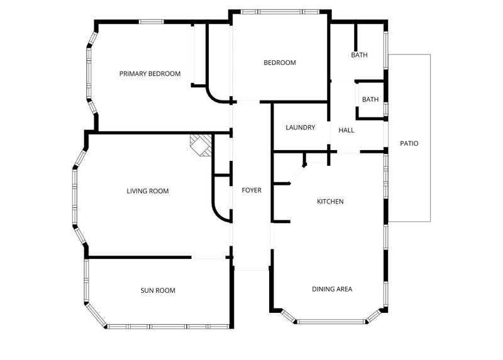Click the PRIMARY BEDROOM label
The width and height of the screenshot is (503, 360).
pos(150,74)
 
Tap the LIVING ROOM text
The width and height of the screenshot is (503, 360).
pos(148,191)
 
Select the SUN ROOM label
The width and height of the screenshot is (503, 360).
pos(158,290)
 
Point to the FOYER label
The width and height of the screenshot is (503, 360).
pos(251,190)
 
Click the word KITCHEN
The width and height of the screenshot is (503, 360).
pos(330,201)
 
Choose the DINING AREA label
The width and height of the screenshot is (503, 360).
pos(332,289)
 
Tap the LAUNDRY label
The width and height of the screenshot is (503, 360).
pos(301,128)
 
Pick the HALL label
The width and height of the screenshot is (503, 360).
pos(346,130)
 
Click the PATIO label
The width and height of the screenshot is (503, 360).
pos(409,143)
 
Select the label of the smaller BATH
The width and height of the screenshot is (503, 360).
pos(370,99)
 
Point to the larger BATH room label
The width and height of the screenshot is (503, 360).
pos(359,55)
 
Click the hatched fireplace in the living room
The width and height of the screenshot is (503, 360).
pos(201,145)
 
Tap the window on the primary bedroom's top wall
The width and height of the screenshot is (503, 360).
pos(152,22)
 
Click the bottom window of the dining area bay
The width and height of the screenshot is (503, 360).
pos(331,322)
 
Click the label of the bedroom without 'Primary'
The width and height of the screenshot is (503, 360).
pos(280,62)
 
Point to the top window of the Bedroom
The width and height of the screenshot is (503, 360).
pos(280,12)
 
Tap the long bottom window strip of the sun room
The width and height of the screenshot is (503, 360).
pos(168,327)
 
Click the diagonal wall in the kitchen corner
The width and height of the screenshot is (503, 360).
pos(297,175)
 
